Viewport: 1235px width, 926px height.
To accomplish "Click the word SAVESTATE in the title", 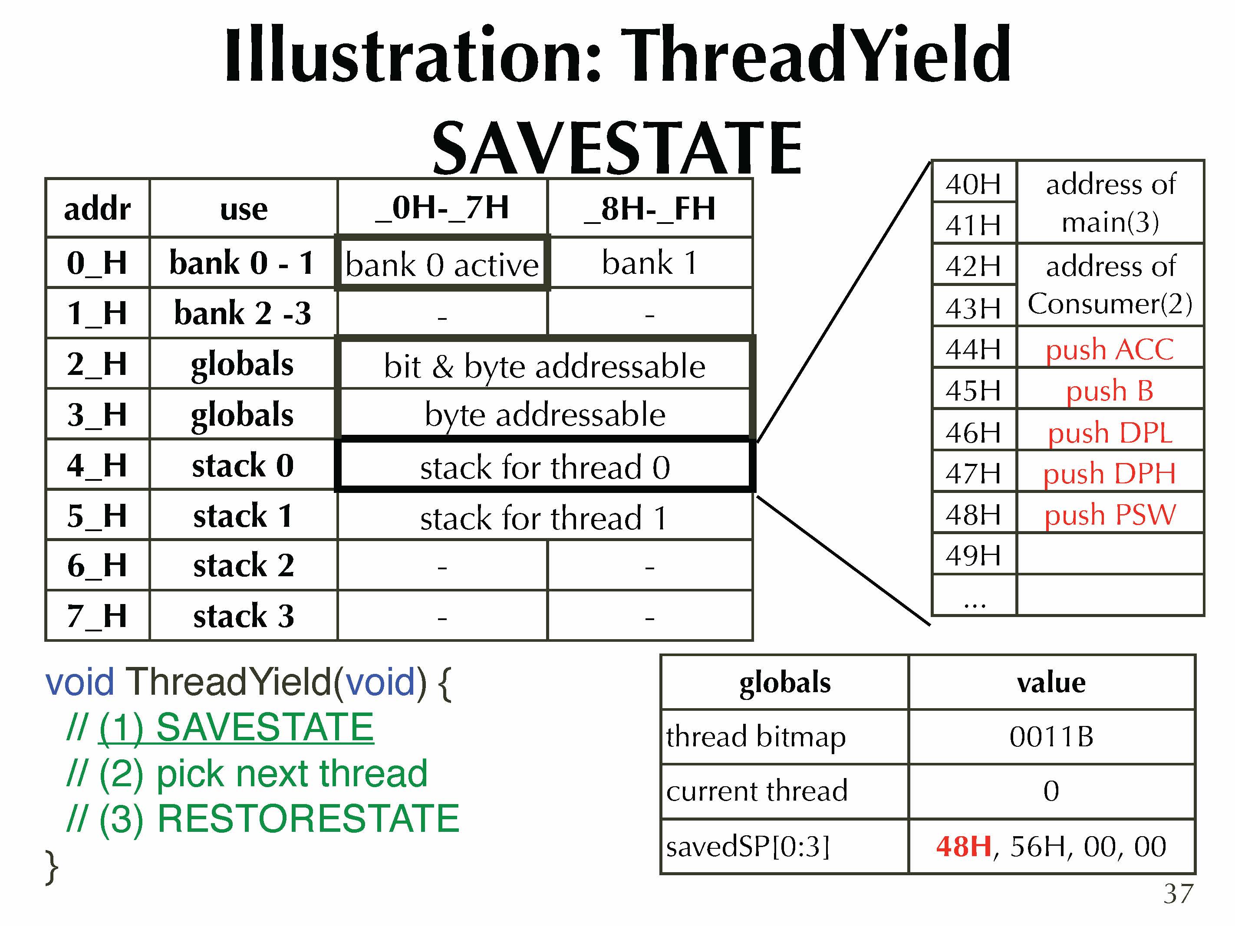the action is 617,148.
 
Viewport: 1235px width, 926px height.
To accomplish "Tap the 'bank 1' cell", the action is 650,263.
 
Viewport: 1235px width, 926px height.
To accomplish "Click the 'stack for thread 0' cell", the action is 545,466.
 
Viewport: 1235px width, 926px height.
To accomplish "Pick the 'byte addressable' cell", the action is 545,414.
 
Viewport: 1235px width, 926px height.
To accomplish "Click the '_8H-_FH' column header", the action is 650,208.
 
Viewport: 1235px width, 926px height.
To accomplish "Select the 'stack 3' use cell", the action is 244,616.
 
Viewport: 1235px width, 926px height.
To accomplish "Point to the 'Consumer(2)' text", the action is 1110,304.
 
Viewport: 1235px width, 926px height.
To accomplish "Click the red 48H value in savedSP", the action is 964,846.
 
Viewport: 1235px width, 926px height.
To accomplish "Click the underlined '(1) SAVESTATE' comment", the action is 236,727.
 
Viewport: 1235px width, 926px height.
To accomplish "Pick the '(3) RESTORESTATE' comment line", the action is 262,818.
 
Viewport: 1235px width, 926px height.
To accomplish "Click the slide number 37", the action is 1178,894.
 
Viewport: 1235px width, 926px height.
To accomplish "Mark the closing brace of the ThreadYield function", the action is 51,867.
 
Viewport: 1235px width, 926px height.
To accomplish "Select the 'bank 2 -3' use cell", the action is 244,312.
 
